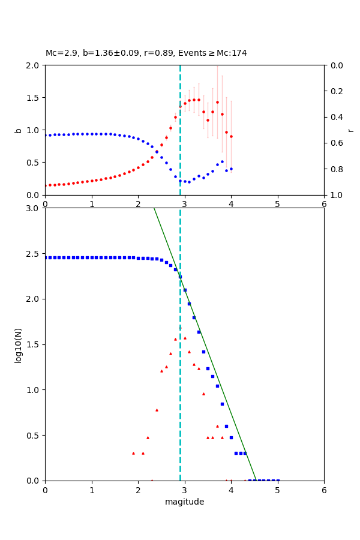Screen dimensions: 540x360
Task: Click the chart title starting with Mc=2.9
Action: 146,53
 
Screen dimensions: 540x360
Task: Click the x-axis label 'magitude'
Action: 184,502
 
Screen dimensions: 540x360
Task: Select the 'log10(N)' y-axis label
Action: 19,344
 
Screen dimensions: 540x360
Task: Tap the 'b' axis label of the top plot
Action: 19,130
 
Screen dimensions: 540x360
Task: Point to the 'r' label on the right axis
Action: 350,130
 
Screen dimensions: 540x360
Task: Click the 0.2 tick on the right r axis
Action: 334,91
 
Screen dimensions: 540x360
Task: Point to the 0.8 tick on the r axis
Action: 334,169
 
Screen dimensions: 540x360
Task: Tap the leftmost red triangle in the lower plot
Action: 133,453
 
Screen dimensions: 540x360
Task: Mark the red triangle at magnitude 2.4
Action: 157,410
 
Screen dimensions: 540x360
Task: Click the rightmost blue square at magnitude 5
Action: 277,480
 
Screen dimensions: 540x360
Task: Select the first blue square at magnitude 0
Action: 46,257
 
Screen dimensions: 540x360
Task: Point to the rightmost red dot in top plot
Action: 231,136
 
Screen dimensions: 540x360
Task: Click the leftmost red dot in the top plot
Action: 46,185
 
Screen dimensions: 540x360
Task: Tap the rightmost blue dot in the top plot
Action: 231,169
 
